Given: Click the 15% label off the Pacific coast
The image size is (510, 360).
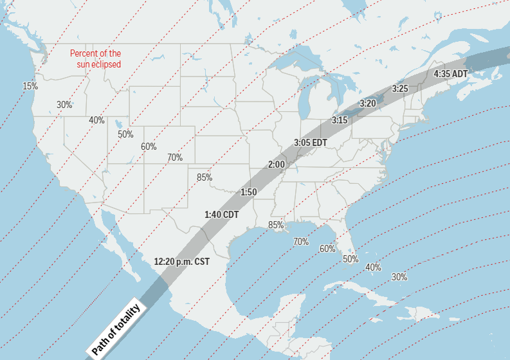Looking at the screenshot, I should pyautogui.click(x=30, y=86).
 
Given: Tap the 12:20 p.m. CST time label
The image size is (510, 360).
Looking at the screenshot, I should pyautogui.click(x=182, y=262).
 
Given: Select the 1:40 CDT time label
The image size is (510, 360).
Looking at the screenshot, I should pyautogui.click(x=221, y=214).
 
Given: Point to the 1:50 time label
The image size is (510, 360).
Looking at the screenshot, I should pyautogui.click(x=249, y=192).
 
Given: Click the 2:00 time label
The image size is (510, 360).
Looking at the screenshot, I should pyautogui.click(x=277, y=165).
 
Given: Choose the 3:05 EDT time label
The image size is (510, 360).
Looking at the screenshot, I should pyautogui.click(x=311, y=142).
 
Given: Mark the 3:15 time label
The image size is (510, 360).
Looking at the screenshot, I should pyautogui.click(x=340, y=120).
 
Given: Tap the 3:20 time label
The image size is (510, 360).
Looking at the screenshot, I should pyautogui.click(x=368, y=103).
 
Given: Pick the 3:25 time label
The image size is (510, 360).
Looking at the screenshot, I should pyautogui.click(x=400, y=88).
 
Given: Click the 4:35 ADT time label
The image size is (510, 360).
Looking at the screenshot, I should pyautogui.click(x=451, y=74).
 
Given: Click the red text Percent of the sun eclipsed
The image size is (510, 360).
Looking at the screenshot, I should pyautogui.click(x=96, y=59).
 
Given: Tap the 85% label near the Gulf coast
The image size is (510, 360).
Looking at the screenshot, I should pyautogui.click(x=276, y=225).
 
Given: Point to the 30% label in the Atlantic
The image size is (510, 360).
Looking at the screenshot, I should pyautogui.click(x=399, y=277).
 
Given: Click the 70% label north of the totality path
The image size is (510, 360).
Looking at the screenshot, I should pyautogui.click(x=175, y=157).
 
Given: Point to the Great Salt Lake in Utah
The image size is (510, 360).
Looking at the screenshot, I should pyautogui.click(x=118, y=123).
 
